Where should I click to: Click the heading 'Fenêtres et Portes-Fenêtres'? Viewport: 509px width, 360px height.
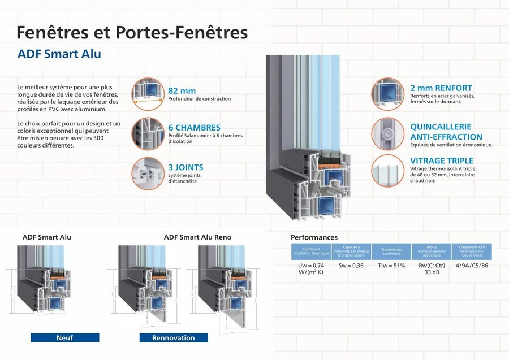(132, 32)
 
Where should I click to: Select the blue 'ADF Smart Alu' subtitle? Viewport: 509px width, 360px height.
(59, 54)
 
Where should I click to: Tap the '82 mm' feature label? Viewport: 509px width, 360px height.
(182, 90)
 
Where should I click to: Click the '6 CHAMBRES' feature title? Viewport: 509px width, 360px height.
(194, 128)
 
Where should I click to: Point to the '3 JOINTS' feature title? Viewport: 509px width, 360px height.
(186, 167)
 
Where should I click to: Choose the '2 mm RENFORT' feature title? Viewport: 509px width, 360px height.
(441, 88)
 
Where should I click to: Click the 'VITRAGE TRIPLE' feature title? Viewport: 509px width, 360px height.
(441, 161)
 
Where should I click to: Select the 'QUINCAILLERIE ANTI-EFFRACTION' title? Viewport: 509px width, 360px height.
(446, 132)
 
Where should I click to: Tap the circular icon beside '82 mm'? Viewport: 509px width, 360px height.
(148, 93)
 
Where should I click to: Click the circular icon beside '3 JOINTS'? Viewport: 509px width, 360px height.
(148, 174)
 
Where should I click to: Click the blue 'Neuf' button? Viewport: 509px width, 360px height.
(64, 338)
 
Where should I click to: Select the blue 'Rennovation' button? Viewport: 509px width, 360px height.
(174, 338)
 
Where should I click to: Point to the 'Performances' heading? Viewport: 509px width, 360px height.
(314, 237)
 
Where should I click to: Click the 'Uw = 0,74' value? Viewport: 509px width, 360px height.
(310, 268)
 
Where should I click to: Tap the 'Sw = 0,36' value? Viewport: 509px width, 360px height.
(351, 266)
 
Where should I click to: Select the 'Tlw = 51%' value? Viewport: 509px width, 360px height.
(391, 266)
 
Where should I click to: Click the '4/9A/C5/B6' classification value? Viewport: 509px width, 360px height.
(472, 266)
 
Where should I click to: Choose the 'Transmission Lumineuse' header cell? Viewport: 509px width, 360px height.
(391, 251)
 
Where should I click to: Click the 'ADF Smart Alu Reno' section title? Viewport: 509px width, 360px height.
(197, 237)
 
